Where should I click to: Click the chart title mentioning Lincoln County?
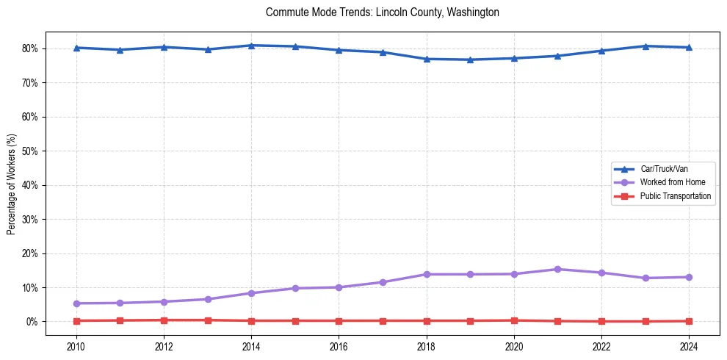point(382,12)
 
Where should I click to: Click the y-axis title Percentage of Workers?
point(11,184)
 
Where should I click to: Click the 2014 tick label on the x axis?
point(251,347)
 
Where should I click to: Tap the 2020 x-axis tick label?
point(514,347)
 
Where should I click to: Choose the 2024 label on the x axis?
point(689,347)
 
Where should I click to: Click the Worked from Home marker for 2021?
point(557,270)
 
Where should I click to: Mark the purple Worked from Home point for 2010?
point(76,303)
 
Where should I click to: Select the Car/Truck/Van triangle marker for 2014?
point(251,46)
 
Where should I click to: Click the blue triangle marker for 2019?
point(470,60)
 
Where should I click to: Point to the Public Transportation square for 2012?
point(164,320)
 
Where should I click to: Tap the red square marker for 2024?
point(689,321)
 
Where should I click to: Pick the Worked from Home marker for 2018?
point(427,274)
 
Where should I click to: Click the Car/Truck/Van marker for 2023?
point(645,46)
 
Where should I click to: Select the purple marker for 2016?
point(339,287)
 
